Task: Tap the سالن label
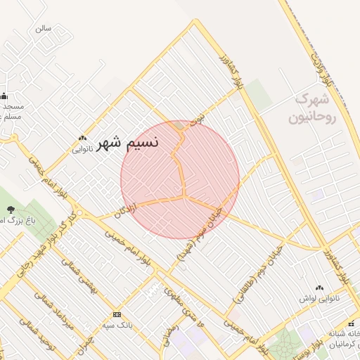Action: click(44, 29)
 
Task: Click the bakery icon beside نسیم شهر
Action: click(82, 139)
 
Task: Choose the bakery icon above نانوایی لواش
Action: click(320, 287)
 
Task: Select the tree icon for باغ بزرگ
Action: click(11, 209)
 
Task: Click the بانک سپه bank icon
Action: click(117, 314)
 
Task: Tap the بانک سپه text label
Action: click(117, 326)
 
